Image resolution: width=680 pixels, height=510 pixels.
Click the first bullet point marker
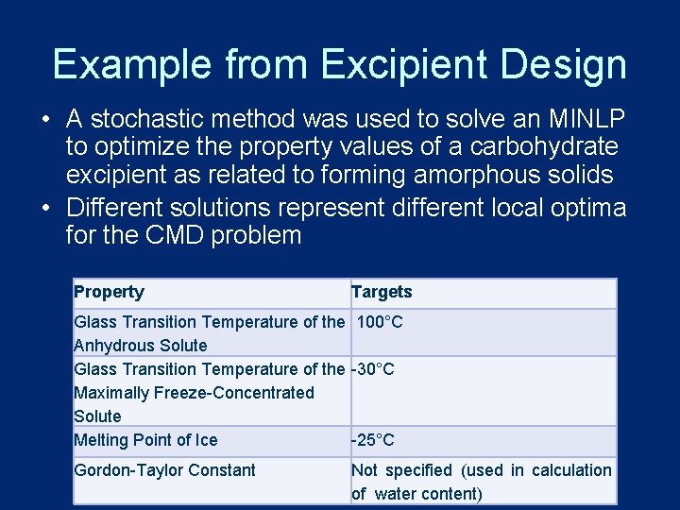(45, 121)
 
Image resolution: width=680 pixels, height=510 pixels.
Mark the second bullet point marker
(45, 208)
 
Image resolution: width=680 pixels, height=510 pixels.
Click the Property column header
(109, 292)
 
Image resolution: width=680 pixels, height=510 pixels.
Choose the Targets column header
(382, 292)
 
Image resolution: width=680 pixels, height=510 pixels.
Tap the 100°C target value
(380, 322)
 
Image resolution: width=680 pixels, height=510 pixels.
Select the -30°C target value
(373, 369)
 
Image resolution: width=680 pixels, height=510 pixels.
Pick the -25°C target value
(373, 440)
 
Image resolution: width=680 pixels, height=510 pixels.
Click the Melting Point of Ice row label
(145, 440)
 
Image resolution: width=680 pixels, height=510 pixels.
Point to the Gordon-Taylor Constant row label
(164, 470)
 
